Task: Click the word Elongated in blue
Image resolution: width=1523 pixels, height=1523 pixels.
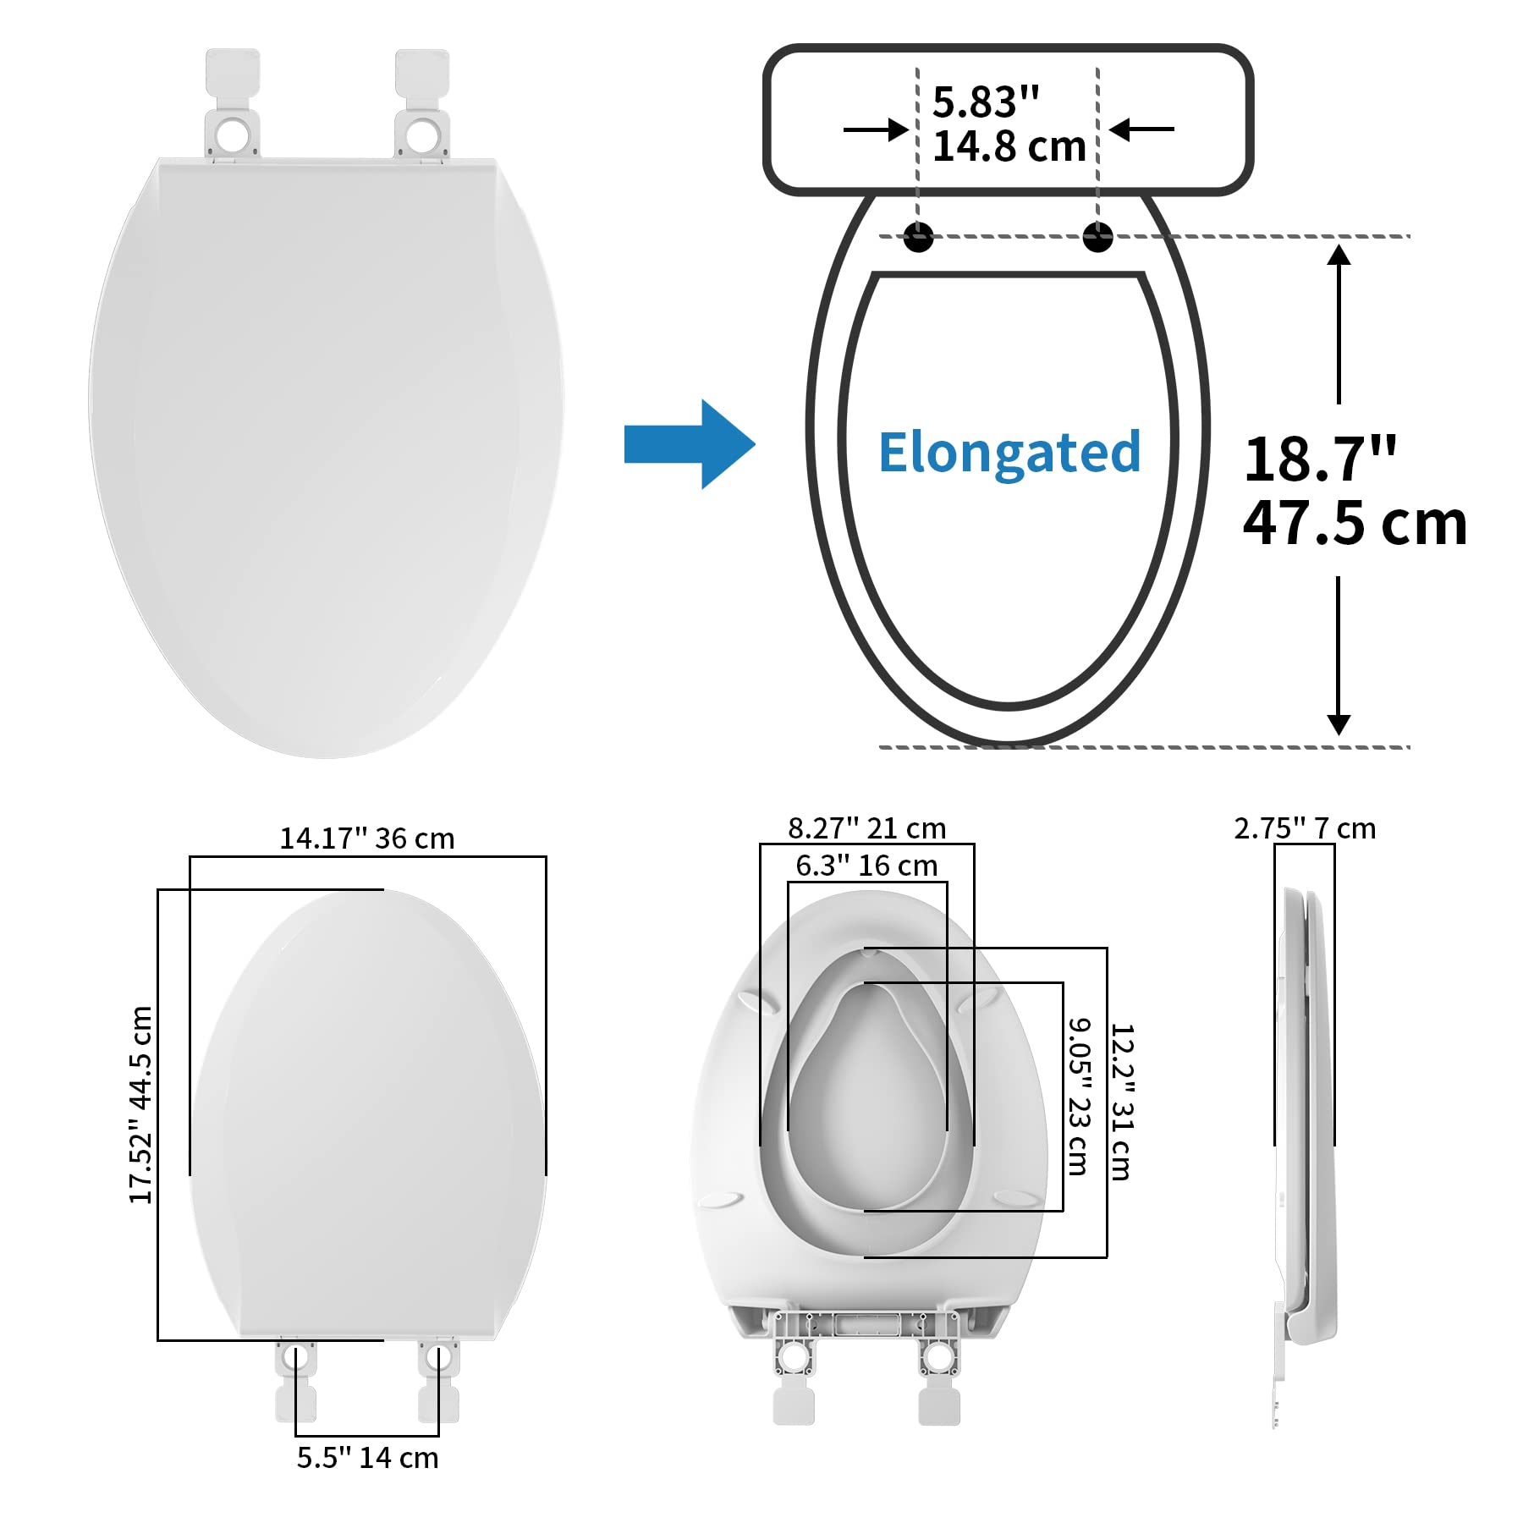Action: (1009, 453)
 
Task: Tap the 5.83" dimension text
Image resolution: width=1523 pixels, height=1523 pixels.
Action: (986, 102)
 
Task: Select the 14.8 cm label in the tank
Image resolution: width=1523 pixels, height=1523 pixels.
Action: (1009, 146)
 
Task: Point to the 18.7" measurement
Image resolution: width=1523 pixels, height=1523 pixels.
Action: (1320, 459)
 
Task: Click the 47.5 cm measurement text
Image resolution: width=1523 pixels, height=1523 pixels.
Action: (1354, 524)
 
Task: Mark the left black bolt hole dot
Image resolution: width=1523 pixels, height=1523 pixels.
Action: (918, 237)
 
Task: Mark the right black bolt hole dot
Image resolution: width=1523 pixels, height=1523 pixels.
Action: (1097, 237)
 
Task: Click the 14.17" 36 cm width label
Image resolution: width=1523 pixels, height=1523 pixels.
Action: (367, 838)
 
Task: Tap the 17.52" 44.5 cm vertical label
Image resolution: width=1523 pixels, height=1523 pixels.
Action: (140, 1104)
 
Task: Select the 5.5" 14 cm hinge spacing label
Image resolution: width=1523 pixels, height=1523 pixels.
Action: (367, 1458)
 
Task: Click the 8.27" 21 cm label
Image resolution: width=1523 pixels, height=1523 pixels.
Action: (866, 828)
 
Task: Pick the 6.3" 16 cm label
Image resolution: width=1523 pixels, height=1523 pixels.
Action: (866, 866)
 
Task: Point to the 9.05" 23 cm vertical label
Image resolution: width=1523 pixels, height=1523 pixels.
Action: (1078, 1097)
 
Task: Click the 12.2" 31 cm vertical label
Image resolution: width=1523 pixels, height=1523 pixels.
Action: (1121, 1102)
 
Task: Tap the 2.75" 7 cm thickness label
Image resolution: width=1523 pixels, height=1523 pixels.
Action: (1305, 828)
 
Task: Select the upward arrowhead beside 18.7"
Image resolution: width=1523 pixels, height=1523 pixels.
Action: (1339, 255)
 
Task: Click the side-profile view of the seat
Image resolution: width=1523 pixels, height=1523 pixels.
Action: (1307, 1117)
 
